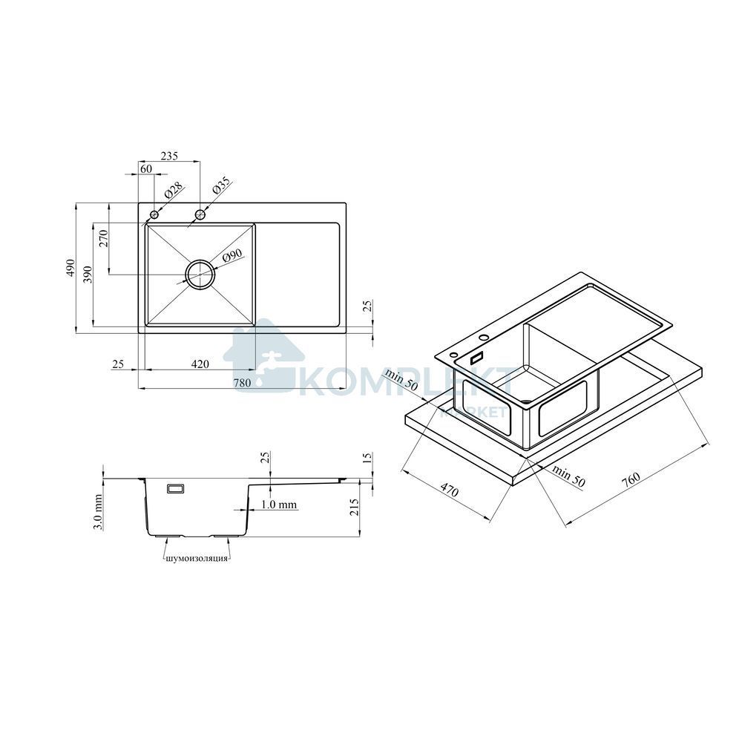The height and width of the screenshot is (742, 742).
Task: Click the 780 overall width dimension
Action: pos(242,383)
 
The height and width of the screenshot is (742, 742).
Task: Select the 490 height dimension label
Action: pos(70,268)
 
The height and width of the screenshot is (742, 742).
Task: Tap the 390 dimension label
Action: pos(87,275)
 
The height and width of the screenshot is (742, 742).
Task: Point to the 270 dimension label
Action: pos(104,238)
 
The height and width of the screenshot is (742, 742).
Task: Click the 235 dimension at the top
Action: pos(169,156)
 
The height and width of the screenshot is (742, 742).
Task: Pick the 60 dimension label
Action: pos(146,169)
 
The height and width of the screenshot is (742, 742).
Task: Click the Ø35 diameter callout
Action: pos(221,185)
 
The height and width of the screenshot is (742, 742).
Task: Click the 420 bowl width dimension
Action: pos(200,364)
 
